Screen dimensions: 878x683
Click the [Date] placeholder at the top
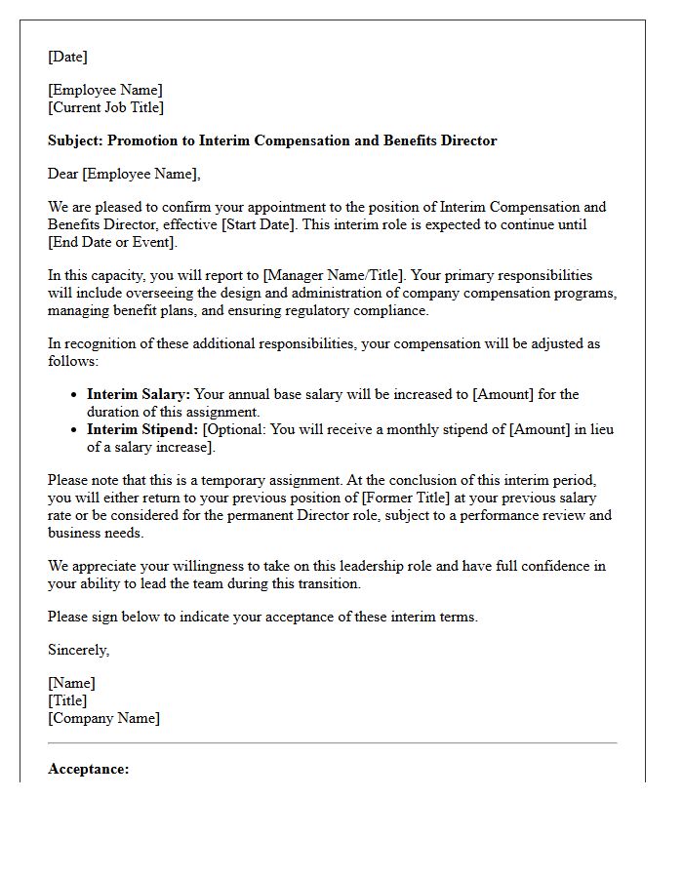tap(67, 57)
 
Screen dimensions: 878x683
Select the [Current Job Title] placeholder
tap(105, 107)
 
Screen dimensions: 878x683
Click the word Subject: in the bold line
tap(75, 140)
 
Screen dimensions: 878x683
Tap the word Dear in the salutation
tap(62, 174)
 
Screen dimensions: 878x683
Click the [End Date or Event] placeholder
tap(111, 242)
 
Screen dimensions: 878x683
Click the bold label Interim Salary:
tap(139, 394)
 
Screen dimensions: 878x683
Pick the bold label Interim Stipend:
tap(142, 429)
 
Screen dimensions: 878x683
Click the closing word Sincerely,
tap(78, 650)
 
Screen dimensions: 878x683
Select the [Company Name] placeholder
tap(103, 718)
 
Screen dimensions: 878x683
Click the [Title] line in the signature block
tap(67, 700)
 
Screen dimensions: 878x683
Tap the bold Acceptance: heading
tap(88, 769)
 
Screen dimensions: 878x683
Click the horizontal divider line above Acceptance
tap(332, 743)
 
